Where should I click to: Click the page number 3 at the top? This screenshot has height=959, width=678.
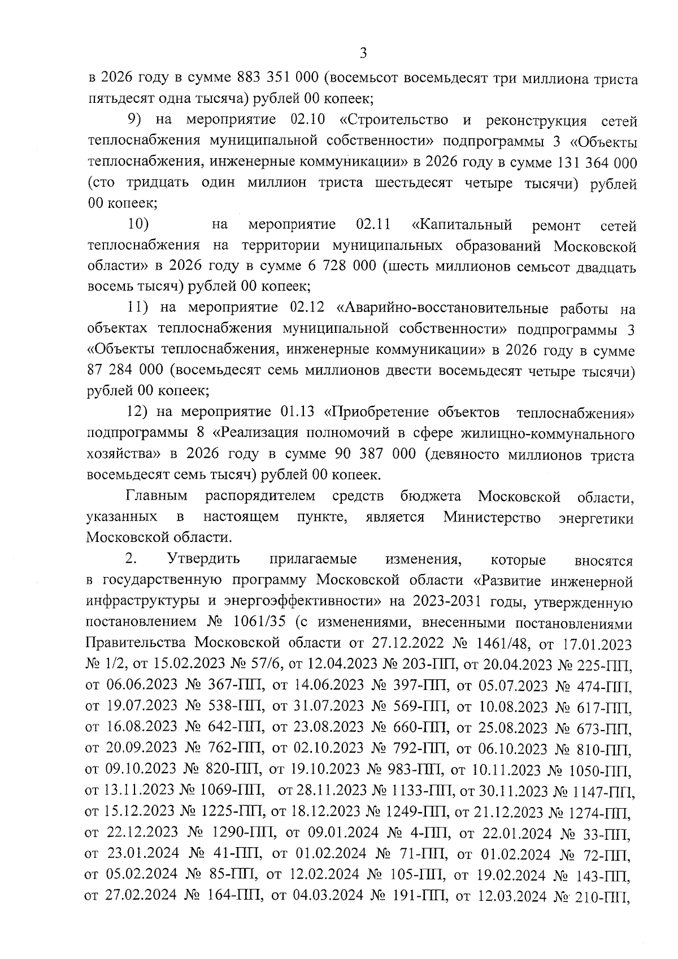point(363,54)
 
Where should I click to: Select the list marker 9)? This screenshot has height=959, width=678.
point(133,120)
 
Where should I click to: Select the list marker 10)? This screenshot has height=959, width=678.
point(138,225)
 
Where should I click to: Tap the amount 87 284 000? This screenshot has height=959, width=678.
point(125,371)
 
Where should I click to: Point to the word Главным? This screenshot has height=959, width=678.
point(157,497)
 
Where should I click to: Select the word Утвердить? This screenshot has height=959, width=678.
point(204,559)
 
